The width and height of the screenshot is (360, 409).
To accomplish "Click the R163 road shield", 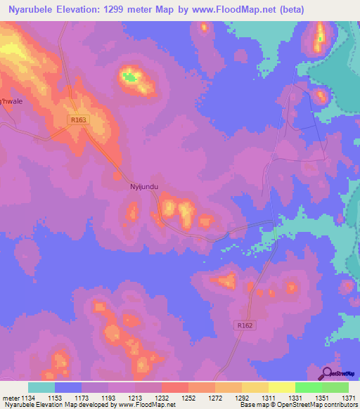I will pyautogui.click(x=77, y=120).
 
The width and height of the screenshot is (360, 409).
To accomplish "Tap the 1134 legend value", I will pyautogui.click(x=28, y=398).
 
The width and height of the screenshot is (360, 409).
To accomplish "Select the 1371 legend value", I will pyautogui.click(x=347, y=398).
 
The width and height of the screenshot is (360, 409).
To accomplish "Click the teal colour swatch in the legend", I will pyautogui.click(x=41, y=387).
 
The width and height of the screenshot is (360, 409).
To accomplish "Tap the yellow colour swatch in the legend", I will pyautogui.click(x=281, y=387).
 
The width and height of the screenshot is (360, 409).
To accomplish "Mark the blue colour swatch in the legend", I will pyautogui.click(x=68, y=387).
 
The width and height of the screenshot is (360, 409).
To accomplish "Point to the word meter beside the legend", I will pyautogui.click(x=11, y=398).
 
